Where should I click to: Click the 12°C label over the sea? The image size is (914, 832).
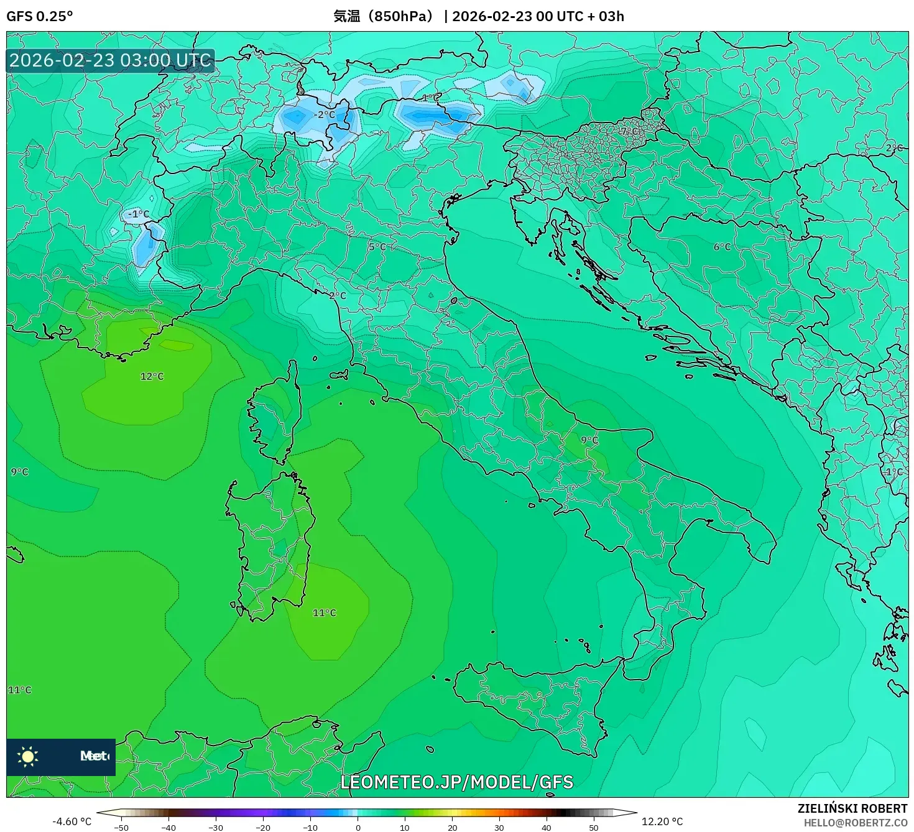point(152,376)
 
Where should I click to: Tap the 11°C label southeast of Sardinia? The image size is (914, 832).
point(324,612)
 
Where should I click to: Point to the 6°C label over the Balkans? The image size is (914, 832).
point(722,247)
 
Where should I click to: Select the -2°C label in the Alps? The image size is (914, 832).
point(323,114)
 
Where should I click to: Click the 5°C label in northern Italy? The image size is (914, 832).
point(377,247)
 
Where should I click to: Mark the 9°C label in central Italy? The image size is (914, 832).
point(589,440)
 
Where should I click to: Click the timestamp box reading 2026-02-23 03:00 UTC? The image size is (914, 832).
point(110,60)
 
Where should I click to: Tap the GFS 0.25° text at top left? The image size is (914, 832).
point(39,16)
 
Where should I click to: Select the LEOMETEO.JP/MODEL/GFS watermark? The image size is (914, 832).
point(457,782)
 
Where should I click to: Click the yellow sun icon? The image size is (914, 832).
point(28,756)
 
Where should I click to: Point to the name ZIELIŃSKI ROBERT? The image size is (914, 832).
point(852,808)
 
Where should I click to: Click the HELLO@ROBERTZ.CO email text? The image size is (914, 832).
point(856,823)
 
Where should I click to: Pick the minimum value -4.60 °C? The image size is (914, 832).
point(72,821)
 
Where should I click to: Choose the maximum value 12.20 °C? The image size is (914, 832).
point(662,821)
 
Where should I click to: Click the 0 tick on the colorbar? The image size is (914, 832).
point(358,827)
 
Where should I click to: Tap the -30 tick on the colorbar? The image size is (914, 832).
point(215,827)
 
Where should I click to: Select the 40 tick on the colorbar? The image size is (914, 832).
point(547,827)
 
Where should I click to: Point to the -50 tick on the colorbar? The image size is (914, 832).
point(121,827)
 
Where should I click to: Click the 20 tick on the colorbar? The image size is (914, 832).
point(452,827)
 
